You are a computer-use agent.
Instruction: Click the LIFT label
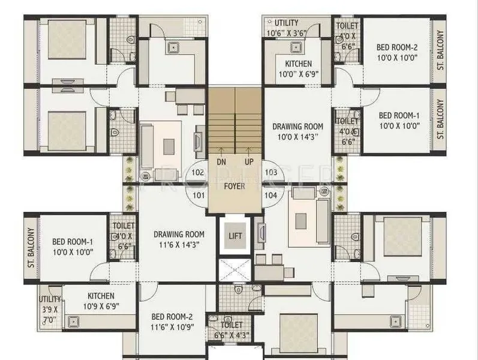[x=235, y=235]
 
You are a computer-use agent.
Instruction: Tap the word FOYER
[x=235, y=186]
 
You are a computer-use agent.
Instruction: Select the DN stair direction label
[x=221, y=161]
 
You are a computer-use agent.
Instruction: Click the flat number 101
[x=199, y=194]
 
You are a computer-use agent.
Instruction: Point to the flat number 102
[x=199, y=173]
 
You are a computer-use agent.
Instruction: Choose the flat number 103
[x=271, y=173]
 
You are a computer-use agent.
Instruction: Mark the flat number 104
[x=271, y=194]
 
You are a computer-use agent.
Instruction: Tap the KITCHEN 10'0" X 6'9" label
[x=297, y=68]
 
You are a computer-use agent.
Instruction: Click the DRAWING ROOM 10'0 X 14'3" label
[x=297, y=131]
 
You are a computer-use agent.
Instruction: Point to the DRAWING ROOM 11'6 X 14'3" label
[x=178, y=239]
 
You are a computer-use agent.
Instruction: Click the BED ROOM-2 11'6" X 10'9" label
[x=172, y=323]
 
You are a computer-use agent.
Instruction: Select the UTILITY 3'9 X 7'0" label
[x=50, y=308]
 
